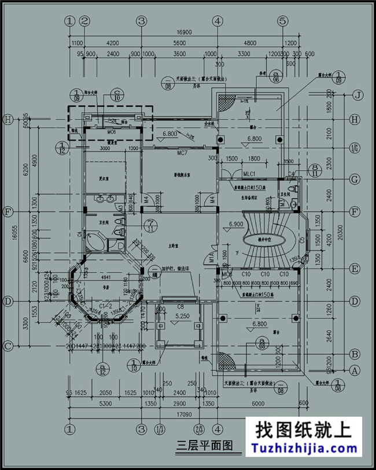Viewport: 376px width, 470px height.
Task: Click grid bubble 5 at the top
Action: [282, 21]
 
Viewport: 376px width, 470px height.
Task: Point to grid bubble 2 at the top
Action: [85, 21]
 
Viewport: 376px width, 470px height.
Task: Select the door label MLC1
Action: [250, 172]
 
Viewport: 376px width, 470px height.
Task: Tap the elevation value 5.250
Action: [180, 317]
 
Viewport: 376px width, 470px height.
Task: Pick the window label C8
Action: [181, 306]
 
